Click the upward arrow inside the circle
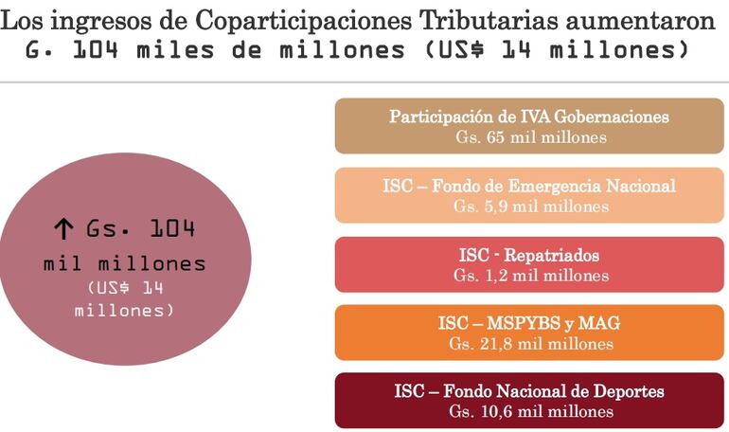click(x=63, y=228)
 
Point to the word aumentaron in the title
click(x=650, y=21)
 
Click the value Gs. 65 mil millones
click(x=529, y=137)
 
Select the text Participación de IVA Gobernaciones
click(x=529, y=117)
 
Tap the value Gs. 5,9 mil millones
click(x=529, y=206)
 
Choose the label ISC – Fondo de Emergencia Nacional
click(x=529, y=186)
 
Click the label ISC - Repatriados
click(x=529, y=255)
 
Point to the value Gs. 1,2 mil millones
click(x=529, y=276)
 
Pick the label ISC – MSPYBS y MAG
click(x=529, y=324)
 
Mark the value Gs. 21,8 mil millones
click(x=529, y=344)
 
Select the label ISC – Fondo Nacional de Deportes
click(x=529, y=391)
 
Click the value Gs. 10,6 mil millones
click(x=529, y=412)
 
